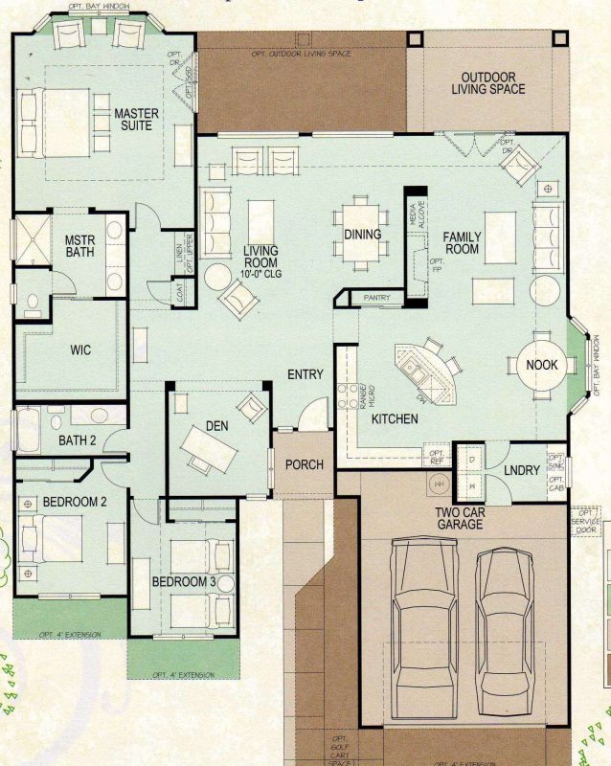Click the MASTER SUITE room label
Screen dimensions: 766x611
(x=136, y=120)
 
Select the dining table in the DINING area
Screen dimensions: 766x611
(x=362, y=234)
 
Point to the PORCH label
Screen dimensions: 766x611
(x=304, y=464)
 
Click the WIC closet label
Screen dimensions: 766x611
(x=80, y=350)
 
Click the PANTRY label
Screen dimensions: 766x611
(x=376, y=299)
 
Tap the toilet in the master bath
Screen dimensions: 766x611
(x=32, y=304)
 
